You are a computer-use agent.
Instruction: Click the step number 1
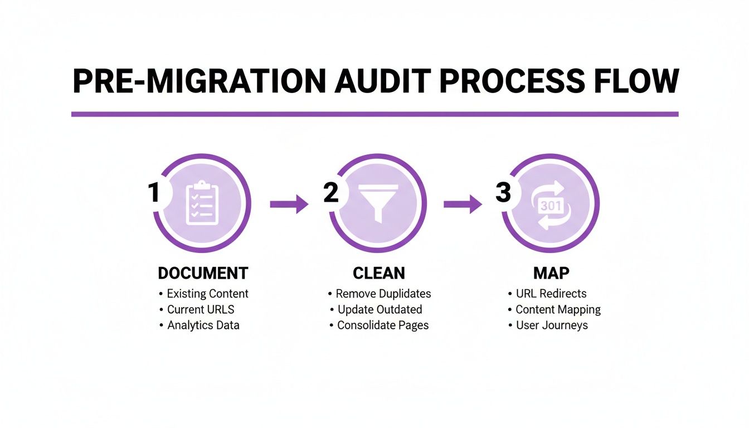point(154,193)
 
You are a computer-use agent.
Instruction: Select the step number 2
point(330,193)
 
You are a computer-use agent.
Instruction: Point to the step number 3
point(503,193)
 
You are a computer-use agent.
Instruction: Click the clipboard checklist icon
point(202,204)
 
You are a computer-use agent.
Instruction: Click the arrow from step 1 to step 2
point(289,204)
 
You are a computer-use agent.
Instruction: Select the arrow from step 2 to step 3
point(463,204)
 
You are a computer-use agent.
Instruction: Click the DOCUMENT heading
point(203,274)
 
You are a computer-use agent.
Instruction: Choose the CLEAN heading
point(379,274)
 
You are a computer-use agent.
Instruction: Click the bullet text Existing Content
point(207,294)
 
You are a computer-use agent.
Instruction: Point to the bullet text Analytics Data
point(203,325)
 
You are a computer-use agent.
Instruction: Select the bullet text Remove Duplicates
point(383,294)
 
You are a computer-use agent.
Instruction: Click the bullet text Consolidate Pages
point(383,325)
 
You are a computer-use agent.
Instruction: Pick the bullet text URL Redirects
point(551,294)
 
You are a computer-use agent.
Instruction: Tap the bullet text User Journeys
point(552,325)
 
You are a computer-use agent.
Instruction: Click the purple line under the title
point(374,114)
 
